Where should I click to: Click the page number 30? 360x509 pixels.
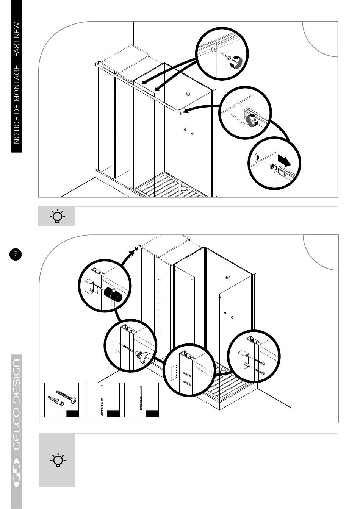pyautogui.click(x=16, y=254)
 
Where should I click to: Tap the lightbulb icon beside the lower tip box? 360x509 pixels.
pyautogui.click(x=58, y=460)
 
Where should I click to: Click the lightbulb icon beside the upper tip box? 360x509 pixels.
pyautogui.click(x=57, y=216)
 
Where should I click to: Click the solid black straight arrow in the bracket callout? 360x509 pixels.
pyautogui.click(x=285, y=160)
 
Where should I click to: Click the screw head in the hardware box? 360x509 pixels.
pyautogui.click(x=74, y=400)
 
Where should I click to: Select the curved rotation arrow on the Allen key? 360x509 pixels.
pyautogui.click(x=251, y=120)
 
